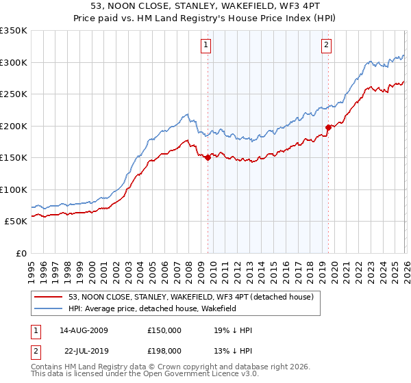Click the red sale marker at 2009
click(x=208, y=157)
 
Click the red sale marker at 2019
click(x=328, y=127)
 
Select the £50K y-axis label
click(x=15, y=222)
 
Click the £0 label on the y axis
click(x=21, y=253)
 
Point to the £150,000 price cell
click(x=164, y=330)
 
